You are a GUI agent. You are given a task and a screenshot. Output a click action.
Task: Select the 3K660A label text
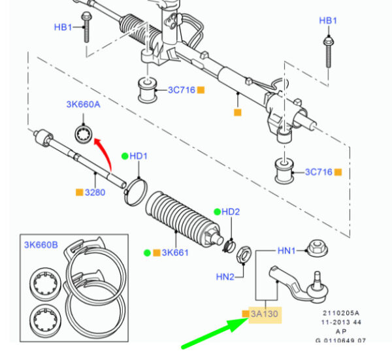(x=83, y=105)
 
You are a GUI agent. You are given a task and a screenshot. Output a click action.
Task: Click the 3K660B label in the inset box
(x=41, y=245)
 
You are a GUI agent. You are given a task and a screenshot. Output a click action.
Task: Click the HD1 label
(x=139, y=156)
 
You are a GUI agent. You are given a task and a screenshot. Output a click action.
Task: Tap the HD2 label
(x=231, y=212)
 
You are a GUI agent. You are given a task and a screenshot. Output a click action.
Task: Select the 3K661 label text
(x=175, y=252)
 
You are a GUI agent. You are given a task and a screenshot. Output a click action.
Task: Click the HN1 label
(x=287, y=250)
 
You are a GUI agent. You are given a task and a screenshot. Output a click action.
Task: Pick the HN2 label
(x=225, y=277)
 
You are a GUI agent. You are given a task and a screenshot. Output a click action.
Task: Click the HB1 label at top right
(x=328, y=21)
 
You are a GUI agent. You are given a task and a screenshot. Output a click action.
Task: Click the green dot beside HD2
(x=217, y=212)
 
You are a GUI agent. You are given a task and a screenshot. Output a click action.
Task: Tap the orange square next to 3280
(x=79, y=193)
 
